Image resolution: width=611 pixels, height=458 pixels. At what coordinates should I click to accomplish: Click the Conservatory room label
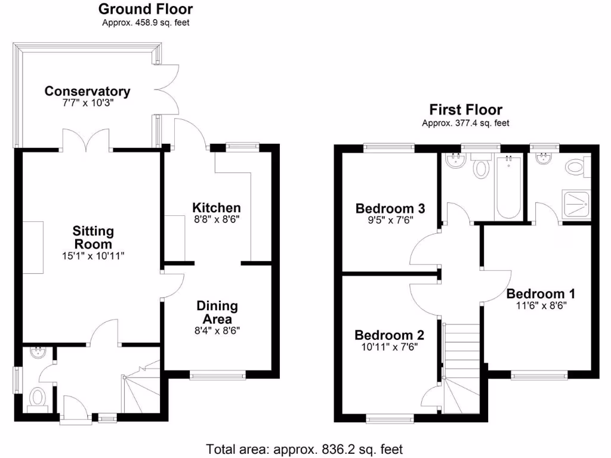pos(87,91)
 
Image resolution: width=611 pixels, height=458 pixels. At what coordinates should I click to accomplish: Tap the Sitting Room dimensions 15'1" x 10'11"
pos(93,256)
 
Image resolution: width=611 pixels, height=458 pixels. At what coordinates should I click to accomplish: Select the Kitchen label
pos(216,208)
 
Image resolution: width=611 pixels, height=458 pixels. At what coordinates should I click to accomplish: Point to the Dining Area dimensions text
pos(217,331)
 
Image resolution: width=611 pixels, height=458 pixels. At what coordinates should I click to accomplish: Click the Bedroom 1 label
pos(541,293)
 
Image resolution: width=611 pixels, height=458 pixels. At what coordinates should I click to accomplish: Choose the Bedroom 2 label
pos(389,335)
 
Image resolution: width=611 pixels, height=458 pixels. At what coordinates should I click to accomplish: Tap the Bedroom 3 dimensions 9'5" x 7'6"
pos(390,221)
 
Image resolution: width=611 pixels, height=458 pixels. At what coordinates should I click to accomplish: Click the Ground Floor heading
pos(146,9)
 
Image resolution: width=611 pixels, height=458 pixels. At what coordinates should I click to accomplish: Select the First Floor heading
pos(465,110)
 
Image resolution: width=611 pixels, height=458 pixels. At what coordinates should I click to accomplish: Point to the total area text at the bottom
pos(304,450)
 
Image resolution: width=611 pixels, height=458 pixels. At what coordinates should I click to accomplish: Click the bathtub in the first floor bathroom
pos(508,187)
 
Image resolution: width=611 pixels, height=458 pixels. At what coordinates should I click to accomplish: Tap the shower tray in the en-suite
pos(576,204)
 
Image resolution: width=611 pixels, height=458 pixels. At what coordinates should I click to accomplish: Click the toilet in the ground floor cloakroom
pos(38,398)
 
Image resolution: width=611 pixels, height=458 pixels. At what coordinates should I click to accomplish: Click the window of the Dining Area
pos(218,376)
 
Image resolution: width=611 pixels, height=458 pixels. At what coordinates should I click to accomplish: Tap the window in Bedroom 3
pos(388,147)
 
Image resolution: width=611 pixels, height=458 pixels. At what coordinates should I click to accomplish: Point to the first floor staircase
pos(462,369)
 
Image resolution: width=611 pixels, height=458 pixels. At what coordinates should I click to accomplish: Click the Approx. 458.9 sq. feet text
pos(146,23)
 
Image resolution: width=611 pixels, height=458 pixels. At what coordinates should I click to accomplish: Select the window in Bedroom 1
pos(539,376)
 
